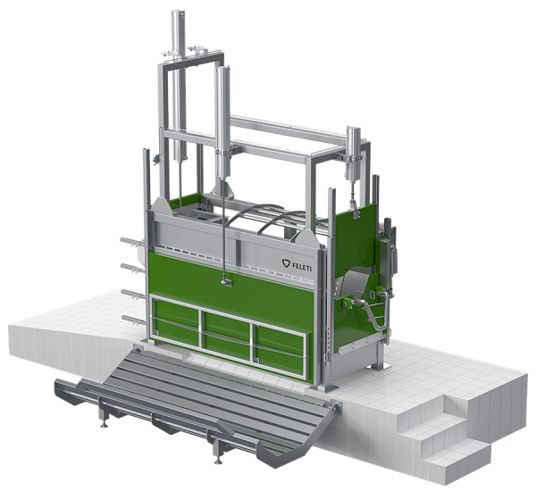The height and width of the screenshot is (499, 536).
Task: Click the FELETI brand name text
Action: (x=302, y=266)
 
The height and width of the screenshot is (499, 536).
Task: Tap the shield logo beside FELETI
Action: (x=286, y=263)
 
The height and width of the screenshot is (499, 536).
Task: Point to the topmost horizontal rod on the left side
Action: (x=132, y=242)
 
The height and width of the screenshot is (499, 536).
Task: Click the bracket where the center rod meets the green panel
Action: (x=226, y=282)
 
